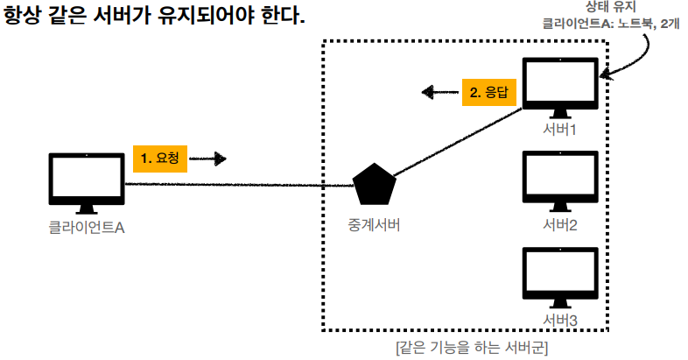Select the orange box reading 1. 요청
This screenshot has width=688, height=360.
[x=160, y=159]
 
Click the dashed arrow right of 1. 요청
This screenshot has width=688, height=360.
[x=208, y=159]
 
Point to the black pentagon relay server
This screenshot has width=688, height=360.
[x=375, y=185]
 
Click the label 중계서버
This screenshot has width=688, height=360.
[x=375, y=224]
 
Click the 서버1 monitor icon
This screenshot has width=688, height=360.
[x=559, y=86]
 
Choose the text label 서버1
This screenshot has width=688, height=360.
[x=560, y=130]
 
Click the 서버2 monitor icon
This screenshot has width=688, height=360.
[x=559, y=180]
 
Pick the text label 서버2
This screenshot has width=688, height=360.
[x=560, y=224]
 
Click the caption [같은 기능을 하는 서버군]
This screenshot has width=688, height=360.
[x=472, y=348]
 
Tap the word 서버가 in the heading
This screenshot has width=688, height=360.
[x=139, y=17]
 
